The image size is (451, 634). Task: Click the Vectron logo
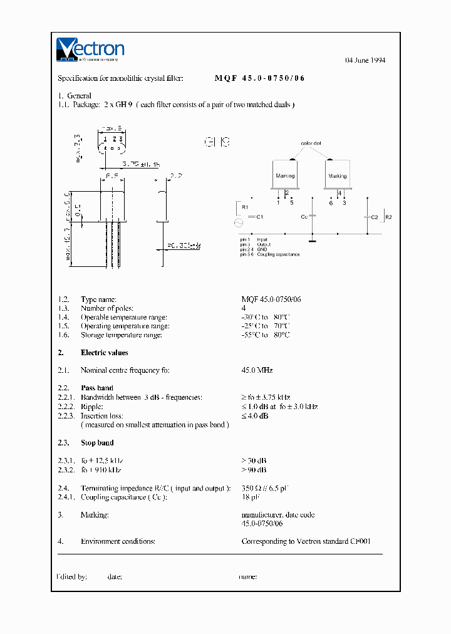pyautogui.click(x=90, y=49)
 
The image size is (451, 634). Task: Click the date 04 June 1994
pyautogui.click(x=365, y=60)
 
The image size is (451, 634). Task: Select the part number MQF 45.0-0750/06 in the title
pyautogui.click(x=260, y=78)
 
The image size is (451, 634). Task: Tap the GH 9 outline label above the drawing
pyautogui.click(x=217, y=142)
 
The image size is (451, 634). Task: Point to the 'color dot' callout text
pyautogui.click(x=311, y=143)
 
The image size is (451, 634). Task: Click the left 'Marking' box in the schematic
pyautogui.click(x=285, y=175)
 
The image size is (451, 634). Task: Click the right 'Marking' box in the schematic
pyautogui.click(x=337, y=175)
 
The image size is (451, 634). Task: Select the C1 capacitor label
pyautogui.click(x=260, y=216)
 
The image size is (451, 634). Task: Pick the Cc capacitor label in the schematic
pyautogui.click(x=304, y=216)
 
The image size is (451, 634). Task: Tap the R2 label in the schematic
pyautogui.click(x=388, y=217)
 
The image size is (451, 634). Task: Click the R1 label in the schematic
pyautogui.click(x=245, y=205)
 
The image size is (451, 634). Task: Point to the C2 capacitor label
pyautogui.click(x=374, y=217)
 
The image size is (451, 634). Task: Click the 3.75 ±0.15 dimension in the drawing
pyautogui.click(x=141, y=164)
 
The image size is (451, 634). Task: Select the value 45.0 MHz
pyautogui.click(x=257, y=370)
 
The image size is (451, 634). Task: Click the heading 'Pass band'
pyautogui.click(x=97, y=388)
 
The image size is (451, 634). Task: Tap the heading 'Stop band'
pyautogui.click(x=97, y=443)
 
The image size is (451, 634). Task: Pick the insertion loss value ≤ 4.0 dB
pyautogui.click(x=255, y=416)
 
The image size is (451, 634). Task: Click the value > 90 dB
pyautogui.click(x=254, y=470)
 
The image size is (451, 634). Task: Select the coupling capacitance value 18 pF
pyautogui.click(x=250, y=497)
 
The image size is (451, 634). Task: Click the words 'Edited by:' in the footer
pyautogui.click(x=72, y=576)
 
